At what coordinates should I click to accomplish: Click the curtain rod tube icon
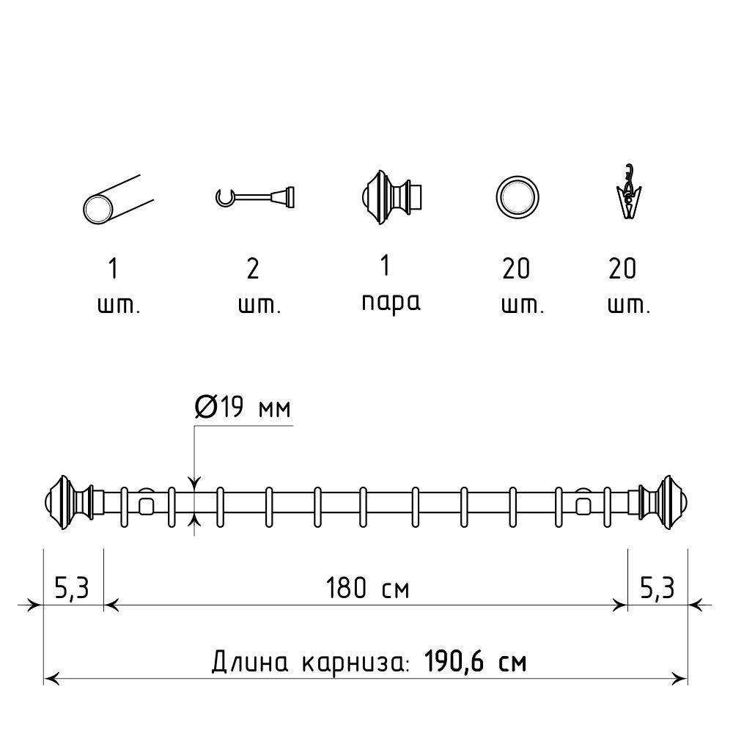point(118,199)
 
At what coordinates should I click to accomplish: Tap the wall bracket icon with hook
point(255,196)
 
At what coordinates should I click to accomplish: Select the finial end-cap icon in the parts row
point(391,196)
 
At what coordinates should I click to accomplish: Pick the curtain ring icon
point(517,197)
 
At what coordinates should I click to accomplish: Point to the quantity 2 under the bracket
point(253,269)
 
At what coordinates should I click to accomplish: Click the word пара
point(391,303)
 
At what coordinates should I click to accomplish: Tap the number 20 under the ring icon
point(516,269)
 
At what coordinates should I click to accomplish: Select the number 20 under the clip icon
point(622,269)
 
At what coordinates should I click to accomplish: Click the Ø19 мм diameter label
point(243,406)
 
